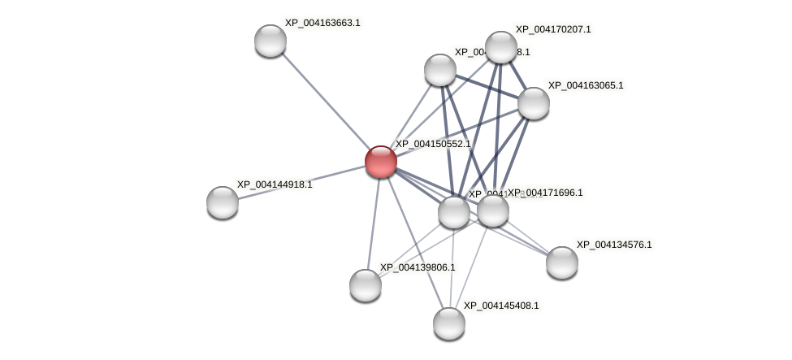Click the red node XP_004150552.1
380,162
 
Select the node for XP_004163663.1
270,41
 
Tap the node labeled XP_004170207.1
500,47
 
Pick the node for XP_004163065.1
534,103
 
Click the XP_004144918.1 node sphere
223,202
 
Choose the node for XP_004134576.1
561,262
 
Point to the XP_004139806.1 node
366,285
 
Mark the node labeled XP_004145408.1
448,323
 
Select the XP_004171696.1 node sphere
493,211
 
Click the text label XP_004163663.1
322,23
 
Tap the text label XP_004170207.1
553,29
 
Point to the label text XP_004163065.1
586,85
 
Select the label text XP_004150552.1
433,144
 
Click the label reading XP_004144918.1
275,184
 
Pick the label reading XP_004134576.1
614,245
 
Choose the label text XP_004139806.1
418,267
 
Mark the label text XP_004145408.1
501,306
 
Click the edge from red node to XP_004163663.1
325,101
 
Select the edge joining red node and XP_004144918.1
301,182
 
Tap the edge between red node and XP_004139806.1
373,223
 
